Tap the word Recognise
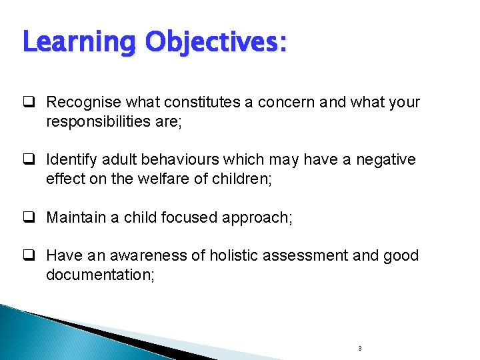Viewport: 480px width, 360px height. (83, 102)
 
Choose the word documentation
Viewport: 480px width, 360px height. (100, 275)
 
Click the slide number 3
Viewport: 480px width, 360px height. (359, 348)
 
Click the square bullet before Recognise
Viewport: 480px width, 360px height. (30, 103)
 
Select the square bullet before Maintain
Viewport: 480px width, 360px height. (30, 218)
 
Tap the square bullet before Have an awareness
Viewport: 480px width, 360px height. (30, 256)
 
